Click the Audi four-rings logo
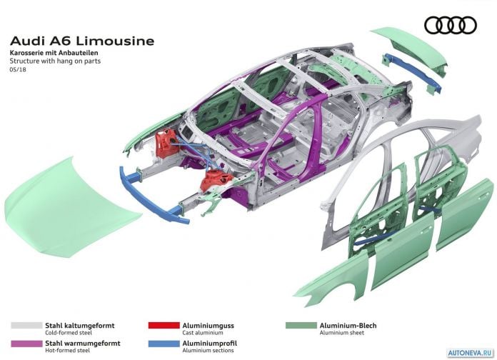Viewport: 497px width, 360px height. pos(451,26)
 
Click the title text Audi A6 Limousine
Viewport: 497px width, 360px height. pos(82,41)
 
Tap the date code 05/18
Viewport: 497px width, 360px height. pos(18,69)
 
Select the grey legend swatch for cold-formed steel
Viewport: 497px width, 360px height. pos(26,326)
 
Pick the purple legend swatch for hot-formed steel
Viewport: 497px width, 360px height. pos(26,343)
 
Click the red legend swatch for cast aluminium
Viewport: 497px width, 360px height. pos(164,326)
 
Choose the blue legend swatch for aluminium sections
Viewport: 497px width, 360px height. pos(164,343)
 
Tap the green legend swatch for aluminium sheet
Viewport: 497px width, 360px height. pos(301,326)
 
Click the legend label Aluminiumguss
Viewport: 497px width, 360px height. pos(209,326)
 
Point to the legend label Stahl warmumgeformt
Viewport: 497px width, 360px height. pos(83,343)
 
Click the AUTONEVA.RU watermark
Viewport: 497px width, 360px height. pos(471,353)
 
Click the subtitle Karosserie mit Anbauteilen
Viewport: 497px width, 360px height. pos(54,53)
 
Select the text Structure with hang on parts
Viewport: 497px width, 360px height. pos(55,61)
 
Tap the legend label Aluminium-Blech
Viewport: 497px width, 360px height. pos(348,326)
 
